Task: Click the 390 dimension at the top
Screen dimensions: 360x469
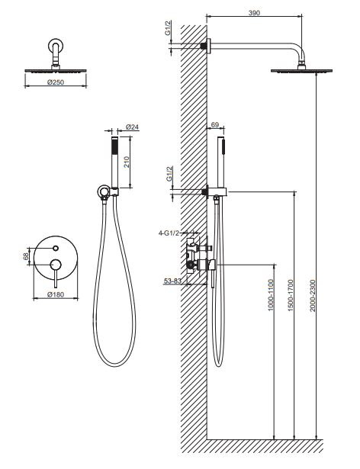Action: [x=254, y=13]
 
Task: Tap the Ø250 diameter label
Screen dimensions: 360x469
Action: [x=56, y=82]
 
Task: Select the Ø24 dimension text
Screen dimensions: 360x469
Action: [x=132, y=127]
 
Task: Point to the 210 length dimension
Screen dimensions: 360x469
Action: [x=127, y=162]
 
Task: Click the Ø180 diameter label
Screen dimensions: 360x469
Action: [x=56, y=294]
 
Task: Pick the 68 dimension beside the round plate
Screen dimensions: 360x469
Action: [x=26, y=256]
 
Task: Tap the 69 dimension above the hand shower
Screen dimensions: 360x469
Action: [x=215, y=125]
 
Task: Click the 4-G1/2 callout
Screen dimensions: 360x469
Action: [x=169, y=233]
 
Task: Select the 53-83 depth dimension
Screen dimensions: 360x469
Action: [x=172, y=281]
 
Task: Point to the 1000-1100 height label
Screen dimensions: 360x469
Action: [x=271, y=295]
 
